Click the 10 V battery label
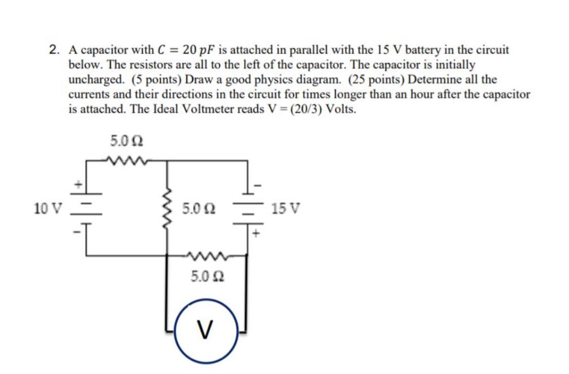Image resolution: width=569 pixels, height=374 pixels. tap(47, 208)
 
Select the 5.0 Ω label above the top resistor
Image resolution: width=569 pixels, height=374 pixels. tap(122, 140)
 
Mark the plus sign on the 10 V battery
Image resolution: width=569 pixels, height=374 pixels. tap(80, 184)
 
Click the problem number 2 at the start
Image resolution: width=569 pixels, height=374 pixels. tap(54, 50)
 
